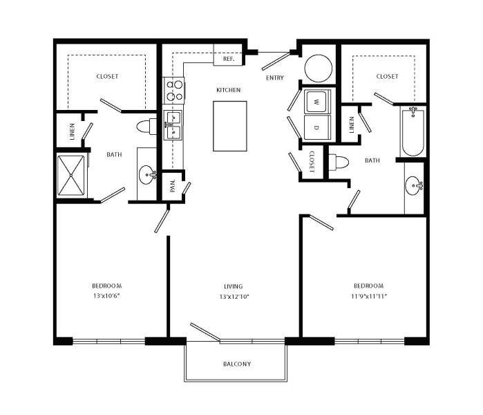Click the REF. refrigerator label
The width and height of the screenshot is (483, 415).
tap(228, 59)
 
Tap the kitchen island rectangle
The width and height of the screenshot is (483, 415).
tap(230, 126)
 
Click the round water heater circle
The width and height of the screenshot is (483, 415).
tap(319, 68)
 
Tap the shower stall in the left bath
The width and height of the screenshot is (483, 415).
tap(70, 176)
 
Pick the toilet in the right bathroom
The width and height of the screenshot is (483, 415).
tap(339, 162)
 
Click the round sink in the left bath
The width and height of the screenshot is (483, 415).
tap(147, 174)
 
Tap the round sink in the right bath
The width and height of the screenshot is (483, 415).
tap(415, 185)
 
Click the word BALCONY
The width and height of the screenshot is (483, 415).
tap(236, 364)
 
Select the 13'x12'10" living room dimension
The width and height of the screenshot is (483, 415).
tap(233, 296)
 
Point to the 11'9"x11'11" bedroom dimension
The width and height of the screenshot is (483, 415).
tap(368, 296)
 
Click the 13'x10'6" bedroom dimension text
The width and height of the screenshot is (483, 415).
tap(107, 296)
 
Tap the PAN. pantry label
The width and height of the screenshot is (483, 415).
tap(173, 185)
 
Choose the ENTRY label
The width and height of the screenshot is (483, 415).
tap(274, 78)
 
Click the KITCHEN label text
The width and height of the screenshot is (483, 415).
tap(228, 90)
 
